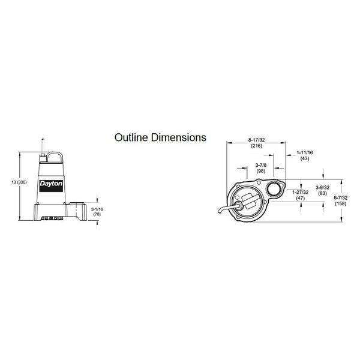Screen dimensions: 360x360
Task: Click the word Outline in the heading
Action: [x=131, y=137]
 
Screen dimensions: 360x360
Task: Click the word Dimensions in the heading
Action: [x=178, y=137]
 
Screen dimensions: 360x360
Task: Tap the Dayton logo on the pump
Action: [x=51, y=186]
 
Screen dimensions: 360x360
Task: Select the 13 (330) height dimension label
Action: [x=19, y=182]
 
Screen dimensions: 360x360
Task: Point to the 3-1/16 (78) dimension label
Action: [x=97, y=212]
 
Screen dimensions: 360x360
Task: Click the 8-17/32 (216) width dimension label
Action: [x=256, y=143]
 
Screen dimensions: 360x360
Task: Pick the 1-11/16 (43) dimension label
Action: [x=305, y=155]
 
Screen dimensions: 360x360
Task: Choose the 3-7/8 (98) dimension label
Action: [x=261, y=168]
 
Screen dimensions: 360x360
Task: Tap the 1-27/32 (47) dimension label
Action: [x=301, y=195]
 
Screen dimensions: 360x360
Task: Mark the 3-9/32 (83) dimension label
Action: [x=323, y=190]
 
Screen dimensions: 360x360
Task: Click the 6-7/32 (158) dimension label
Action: [x=340, y=200]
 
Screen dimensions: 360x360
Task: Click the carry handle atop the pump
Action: [x=55, y=157]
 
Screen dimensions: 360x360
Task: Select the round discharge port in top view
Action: [x=273, y=189]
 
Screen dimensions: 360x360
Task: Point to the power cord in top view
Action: [x=227, y=209]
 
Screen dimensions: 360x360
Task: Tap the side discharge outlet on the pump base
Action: [x=76, y=211]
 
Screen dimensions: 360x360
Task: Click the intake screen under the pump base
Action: [x=52, y=218]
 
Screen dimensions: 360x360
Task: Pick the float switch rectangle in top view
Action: [x=248, y=201]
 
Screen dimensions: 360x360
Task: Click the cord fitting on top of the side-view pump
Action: [x=43, y=158]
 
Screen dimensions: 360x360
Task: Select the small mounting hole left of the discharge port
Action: [x=259, y=183]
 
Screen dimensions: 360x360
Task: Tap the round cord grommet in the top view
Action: [x=239, y=205]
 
